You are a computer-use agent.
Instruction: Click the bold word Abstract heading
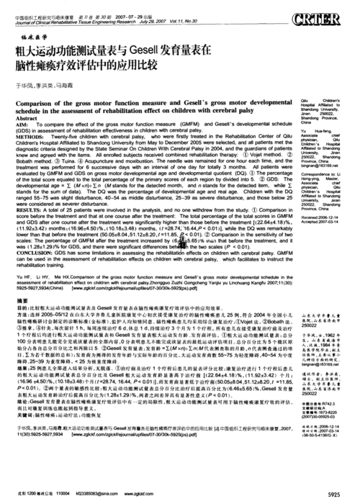coord(27,117)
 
